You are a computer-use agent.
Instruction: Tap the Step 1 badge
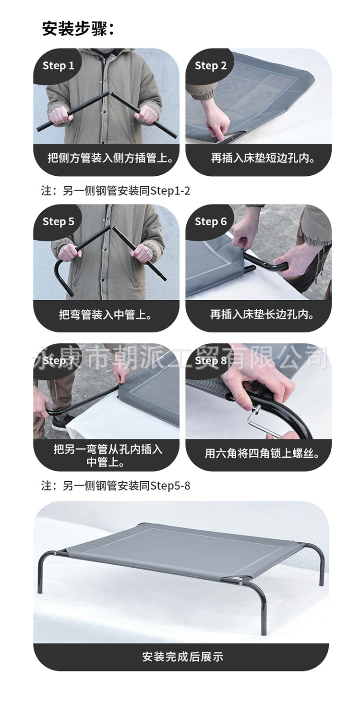point(59,66)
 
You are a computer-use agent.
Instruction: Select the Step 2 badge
point(211,66)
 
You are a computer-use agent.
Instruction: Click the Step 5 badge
point(59,221)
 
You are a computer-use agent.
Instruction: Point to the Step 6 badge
point(211,221)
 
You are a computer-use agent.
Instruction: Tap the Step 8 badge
point(211,360)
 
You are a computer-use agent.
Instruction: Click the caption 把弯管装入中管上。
point(106,315)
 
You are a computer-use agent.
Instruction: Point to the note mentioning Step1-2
point(116,191)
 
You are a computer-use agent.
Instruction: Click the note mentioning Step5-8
point(116,486)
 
